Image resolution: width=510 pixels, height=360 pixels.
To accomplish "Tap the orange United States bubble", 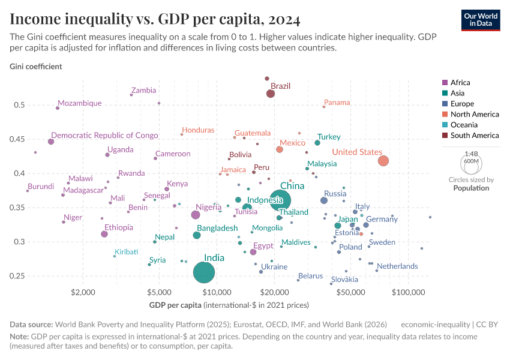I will tap(383, 161).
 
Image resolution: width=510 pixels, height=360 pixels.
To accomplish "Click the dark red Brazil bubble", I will tap(271, 94).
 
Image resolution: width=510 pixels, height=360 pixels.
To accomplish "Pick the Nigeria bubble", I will tap(195, 215).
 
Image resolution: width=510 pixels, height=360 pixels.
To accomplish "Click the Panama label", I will tap(337, 103).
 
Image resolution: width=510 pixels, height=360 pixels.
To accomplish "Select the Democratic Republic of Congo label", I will tap(104, 136).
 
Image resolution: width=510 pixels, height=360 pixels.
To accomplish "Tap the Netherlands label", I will tap(397, 266).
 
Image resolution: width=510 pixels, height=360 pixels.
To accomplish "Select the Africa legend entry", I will tap(460, 83).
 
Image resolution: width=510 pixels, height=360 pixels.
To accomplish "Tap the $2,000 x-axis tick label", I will tap(83, 292).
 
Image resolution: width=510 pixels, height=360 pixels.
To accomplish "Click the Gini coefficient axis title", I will tap(35, 67).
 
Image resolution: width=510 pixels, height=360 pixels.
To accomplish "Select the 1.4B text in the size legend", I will tap(472, 154).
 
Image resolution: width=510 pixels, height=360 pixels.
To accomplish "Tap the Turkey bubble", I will tap(317, 143).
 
